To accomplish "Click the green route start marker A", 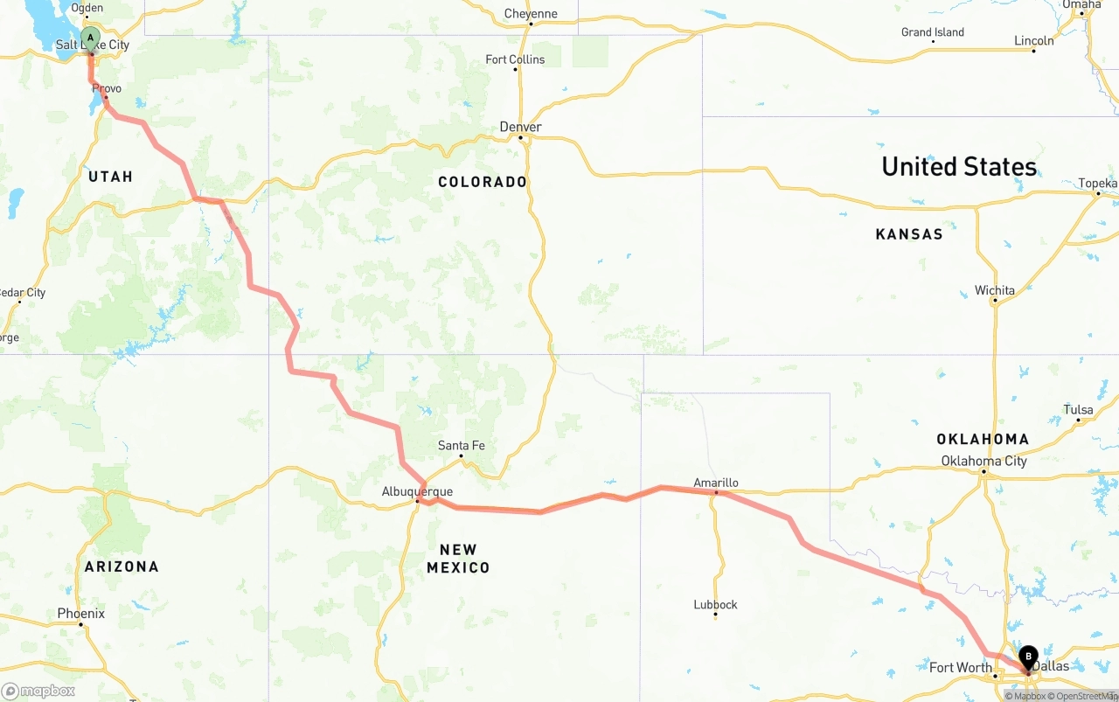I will tap(90, 38).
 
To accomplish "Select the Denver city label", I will tap(520, 127).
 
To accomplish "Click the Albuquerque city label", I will tap(417, 491).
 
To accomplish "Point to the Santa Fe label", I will tap(461, 445).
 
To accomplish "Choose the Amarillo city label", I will tap(715, 483).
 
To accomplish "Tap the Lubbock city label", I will tap(715, 604).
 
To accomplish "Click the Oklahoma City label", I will tap(983, 461).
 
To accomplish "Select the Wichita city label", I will tap(995, 290).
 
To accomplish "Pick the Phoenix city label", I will tap(80, 614).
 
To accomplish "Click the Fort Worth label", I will tap(960, 667).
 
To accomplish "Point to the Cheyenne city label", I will tap(531, 13).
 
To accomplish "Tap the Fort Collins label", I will tap(515, 59).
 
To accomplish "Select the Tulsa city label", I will tap(1078, 410).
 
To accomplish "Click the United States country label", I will tap(959, 166).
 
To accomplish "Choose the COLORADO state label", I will tap(483, 182).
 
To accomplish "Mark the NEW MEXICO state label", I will tap(458, 559).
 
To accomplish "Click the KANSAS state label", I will tap(909, 233).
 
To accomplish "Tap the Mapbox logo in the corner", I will tap(38, 691).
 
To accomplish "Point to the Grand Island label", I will tap(932, 32).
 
